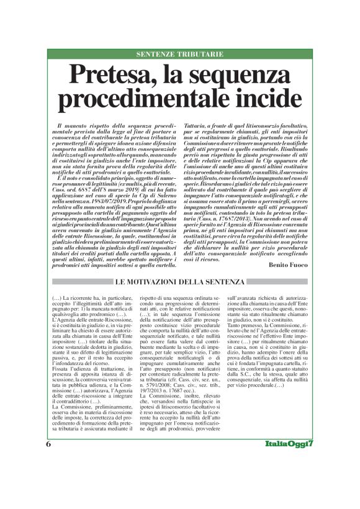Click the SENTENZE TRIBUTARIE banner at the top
coord(180,54)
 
